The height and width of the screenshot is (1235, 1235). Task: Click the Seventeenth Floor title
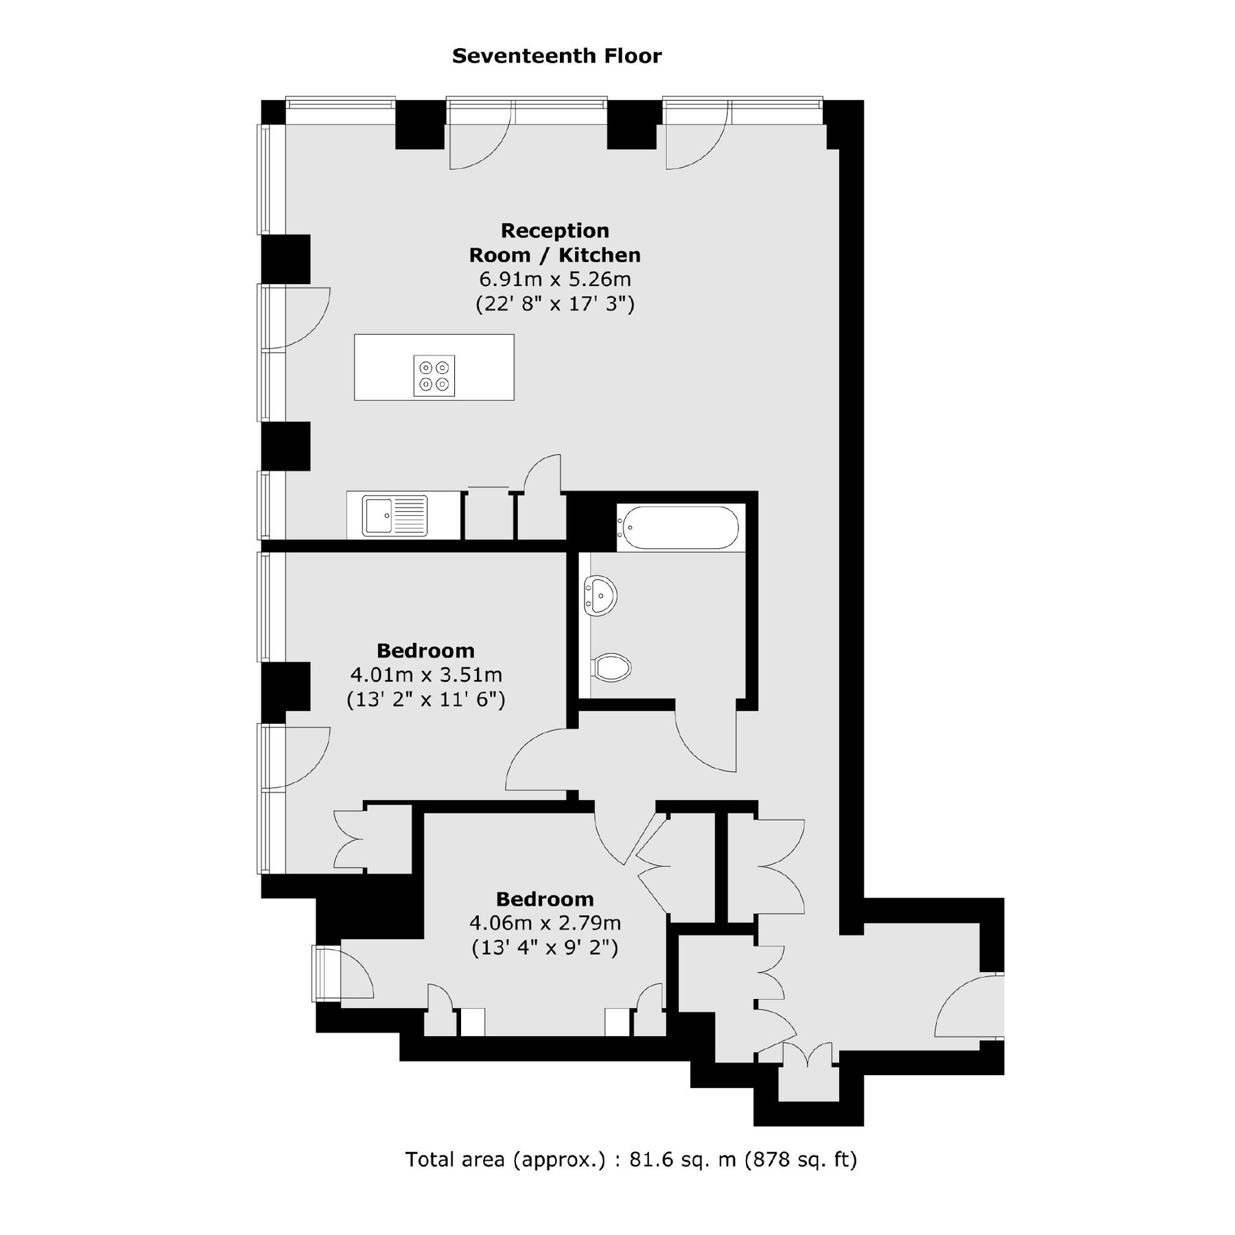coord(556,56)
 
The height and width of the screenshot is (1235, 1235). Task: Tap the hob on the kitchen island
coord(434,376)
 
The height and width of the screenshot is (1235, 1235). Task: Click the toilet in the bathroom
coord(611,667)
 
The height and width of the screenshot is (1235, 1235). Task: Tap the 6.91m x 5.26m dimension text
coord(554,280)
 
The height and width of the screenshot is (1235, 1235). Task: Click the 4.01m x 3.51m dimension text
coord(425,675)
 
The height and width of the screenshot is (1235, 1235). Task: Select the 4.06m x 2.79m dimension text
coord(545,924)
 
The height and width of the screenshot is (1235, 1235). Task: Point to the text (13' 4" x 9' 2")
coord(545,948)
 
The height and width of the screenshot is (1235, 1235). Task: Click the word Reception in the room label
coord(554,231)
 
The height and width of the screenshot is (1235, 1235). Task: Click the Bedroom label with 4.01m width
coord(425,650)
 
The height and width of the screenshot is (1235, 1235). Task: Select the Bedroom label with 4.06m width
coord(545,899)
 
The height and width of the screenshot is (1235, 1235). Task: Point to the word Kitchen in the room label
coord(599,255)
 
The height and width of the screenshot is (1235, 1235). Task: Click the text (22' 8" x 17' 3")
coord(554,304)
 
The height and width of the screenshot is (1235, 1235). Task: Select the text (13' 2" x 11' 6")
coord(425,700)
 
